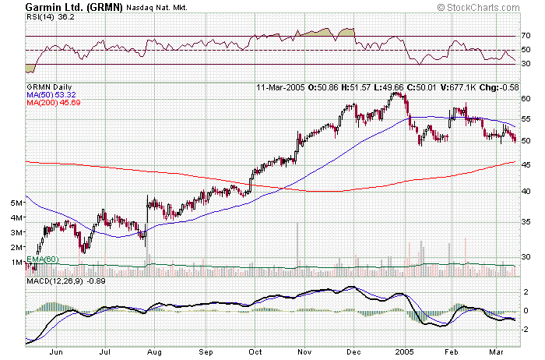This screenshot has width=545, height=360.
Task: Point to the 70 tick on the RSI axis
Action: point(526,36)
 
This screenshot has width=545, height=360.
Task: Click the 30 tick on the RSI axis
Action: point(526,64)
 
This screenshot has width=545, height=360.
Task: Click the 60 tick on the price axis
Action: point(526,99)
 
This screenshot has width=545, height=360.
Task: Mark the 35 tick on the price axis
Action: point(526,222)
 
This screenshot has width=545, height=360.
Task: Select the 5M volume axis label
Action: point(15,203)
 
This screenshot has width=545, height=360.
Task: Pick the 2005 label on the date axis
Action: point(402,352)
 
